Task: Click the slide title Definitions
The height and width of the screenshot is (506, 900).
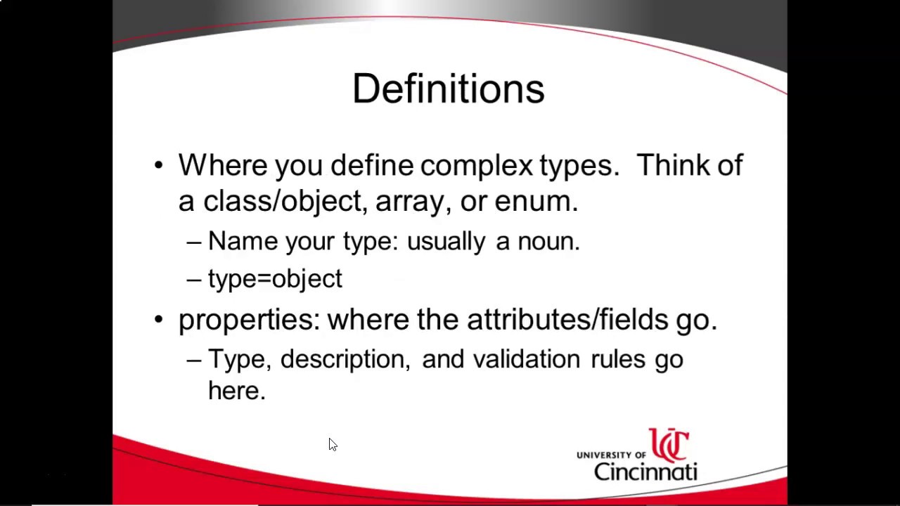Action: point(449,89)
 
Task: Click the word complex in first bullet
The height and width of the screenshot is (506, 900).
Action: point(477,166)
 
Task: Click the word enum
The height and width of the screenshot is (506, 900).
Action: point(534,202)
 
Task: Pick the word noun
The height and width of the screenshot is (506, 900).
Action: point(547,242)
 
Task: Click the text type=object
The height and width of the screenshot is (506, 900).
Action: point(275,279)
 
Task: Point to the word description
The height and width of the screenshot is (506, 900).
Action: point(344,360)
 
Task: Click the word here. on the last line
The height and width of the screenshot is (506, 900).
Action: point(236,391)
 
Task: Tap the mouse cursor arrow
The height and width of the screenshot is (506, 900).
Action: point(333,444)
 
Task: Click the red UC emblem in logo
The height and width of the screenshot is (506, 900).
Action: point(669,445)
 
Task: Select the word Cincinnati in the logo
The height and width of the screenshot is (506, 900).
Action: point(645,471)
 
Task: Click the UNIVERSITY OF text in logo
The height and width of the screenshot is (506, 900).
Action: point(610,455)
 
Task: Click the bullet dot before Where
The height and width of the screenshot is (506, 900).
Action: point(158,166)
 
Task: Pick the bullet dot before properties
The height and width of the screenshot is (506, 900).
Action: point(158,320)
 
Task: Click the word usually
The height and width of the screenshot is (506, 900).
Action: point(446,242)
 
